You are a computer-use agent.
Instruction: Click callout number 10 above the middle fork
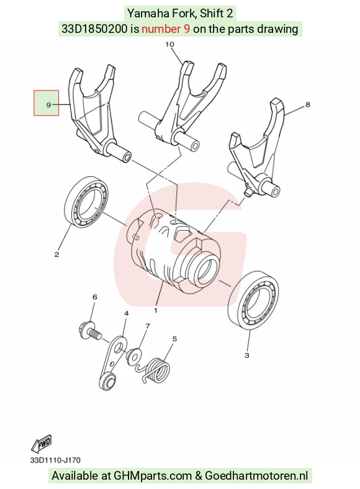[x=169, y=44]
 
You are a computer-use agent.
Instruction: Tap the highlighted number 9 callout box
[x=46, y=103]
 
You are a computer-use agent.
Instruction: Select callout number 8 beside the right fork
[x=308, y=104]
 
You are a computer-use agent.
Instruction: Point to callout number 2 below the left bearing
[x=56, y=254]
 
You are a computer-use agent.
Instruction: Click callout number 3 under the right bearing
[x=247, y=355]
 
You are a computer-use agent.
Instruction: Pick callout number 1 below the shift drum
[x=155, y=310]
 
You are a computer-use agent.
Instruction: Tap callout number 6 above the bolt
[x=95, y=297]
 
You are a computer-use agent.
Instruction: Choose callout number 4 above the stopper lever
[x=127, y=313]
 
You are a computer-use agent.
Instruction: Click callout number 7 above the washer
[x=148, y=326]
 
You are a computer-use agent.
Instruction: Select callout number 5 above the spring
[x=174, y=339]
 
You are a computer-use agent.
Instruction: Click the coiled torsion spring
[x=155, y=369]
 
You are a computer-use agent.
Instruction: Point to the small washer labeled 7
[x=134, y=355]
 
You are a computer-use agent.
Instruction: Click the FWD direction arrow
[x=41, y=444]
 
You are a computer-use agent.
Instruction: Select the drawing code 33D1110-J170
[x=55, y=460]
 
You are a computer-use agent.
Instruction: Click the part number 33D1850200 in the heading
[x=94, y=29]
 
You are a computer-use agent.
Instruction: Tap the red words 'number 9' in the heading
[x=166, y=29]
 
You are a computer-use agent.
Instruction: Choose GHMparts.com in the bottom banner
[x=153, y=476]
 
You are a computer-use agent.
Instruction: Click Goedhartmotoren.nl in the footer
[x=256, y=476]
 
